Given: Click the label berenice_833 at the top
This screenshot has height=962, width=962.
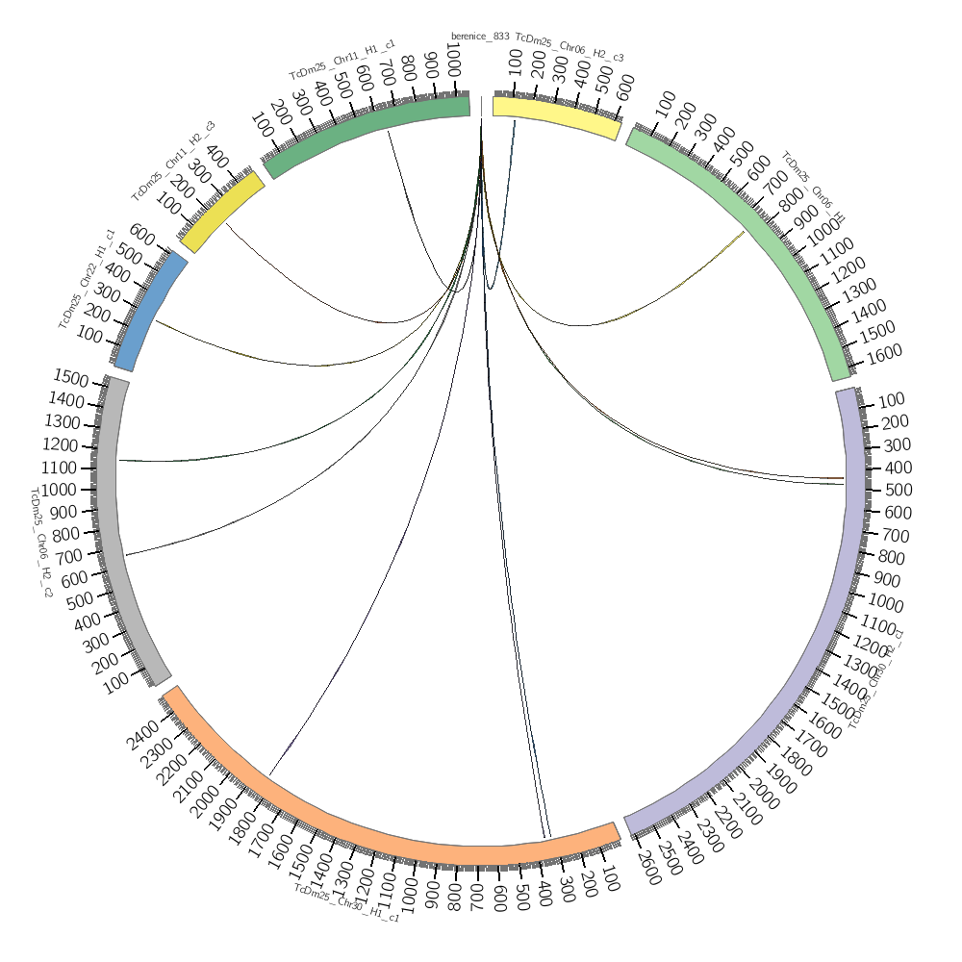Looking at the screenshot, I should tap(480, 37).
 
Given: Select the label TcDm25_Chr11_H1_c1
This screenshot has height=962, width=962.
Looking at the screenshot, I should tap(342, 61).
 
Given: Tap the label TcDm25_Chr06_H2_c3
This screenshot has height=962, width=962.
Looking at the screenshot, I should tap(570, 48).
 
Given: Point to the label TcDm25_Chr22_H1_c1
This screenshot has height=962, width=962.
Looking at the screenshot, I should tap(87, 279).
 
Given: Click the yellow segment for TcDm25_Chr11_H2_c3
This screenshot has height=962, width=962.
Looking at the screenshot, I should tap(220, 212).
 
